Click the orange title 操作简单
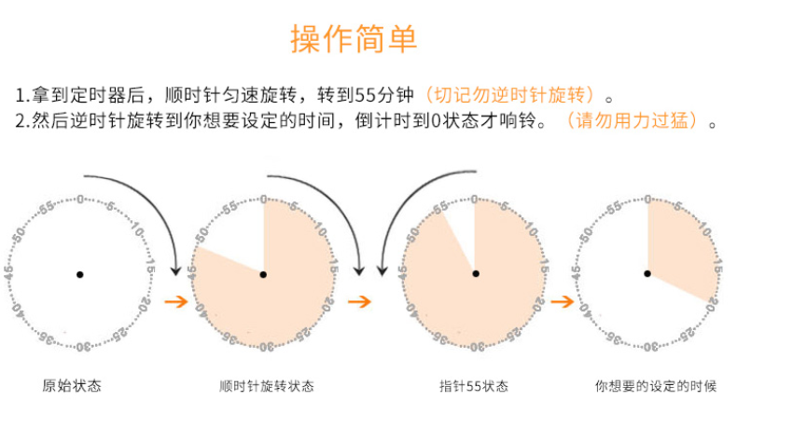point(354,40)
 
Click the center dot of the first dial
point(80,274)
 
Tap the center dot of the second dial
point(263,274)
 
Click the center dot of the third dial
point(475,274)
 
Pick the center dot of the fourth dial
point(648,273)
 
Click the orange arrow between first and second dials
point(174,301)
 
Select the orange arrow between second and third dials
point(359,301)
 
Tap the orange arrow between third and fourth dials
point(561,301)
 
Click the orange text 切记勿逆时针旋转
point(509,96)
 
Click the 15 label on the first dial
point(150,269)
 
